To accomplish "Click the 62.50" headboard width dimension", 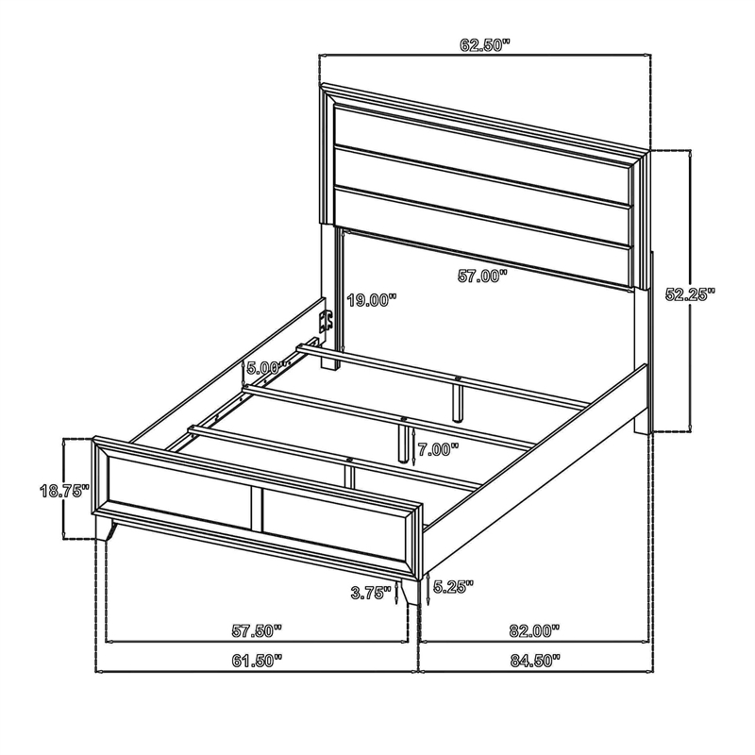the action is click(484, 45).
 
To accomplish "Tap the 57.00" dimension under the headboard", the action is click(482, 276).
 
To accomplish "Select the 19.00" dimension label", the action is click(371, 300).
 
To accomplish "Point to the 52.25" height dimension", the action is click(690, 294).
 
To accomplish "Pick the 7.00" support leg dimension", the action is click(438, 450).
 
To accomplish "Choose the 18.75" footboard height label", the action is click(64, 491).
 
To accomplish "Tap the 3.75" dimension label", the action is click(370, 593).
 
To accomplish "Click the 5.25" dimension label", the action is click(453, 586).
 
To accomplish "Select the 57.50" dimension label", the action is click(257, 630).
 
